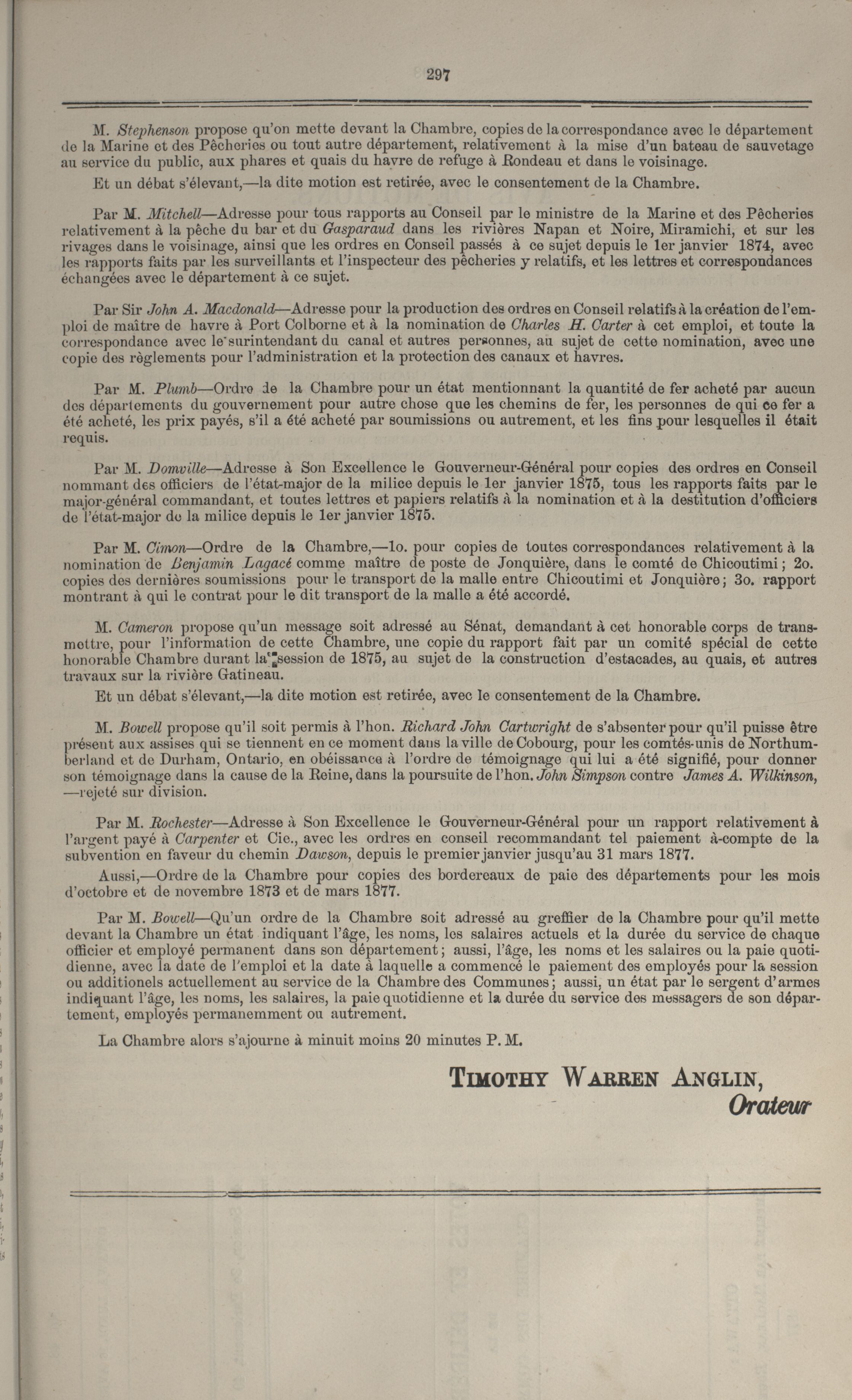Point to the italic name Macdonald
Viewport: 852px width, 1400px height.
(239, 310)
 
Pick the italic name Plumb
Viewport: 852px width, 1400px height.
(174, 389)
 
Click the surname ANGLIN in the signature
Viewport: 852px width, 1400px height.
(713, 1078)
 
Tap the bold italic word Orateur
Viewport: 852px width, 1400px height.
(770, 1106)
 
